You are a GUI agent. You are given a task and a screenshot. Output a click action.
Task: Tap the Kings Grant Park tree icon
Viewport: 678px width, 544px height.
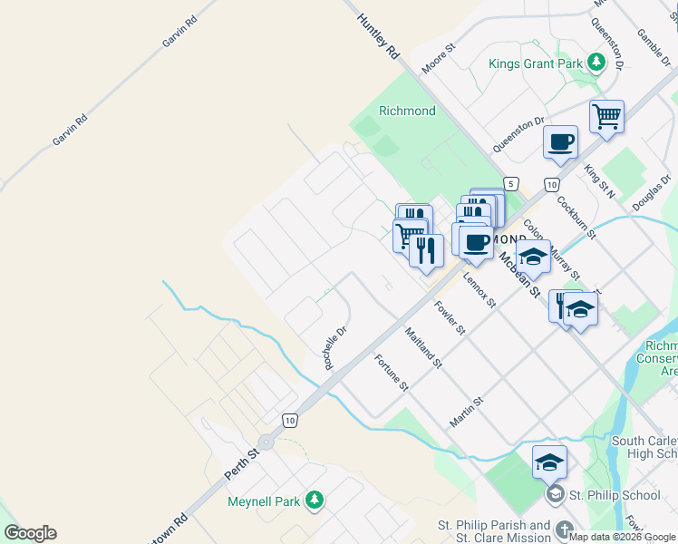point(596,63)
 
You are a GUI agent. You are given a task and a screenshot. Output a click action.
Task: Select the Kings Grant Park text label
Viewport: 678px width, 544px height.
point(535,63)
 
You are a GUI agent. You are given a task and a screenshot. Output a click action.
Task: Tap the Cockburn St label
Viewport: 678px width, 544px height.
point(576,218)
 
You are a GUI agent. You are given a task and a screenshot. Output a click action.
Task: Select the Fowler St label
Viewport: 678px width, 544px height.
point(450,318)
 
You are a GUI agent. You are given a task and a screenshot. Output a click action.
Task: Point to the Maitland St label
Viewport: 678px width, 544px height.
point(423,347)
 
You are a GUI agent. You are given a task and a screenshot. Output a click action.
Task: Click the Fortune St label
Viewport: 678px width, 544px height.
point(392,373)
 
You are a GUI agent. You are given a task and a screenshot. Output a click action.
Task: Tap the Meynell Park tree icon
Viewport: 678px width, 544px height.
point(314,500)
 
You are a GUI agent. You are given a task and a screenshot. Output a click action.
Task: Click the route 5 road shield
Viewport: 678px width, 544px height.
point(511,184)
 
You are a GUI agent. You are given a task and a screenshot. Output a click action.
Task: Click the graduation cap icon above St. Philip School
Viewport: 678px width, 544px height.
point(549,462)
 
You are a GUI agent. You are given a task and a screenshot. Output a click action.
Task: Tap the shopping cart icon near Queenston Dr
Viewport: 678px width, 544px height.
point(606,116)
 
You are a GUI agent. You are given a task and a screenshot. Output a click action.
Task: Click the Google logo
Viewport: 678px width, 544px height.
point(30,533)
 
